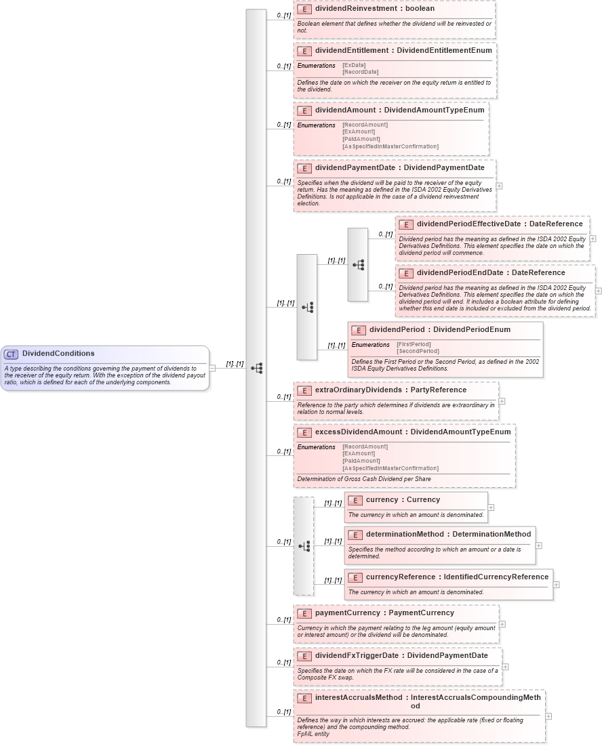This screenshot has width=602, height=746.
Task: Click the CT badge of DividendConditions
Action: [11, 354]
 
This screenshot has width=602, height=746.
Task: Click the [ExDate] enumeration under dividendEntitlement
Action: [354, 65]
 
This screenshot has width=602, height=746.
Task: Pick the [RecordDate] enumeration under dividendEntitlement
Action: [360, 72]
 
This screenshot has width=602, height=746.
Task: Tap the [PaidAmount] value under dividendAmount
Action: [360, 139]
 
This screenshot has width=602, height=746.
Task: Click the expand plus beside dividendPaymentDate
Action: [499, 185]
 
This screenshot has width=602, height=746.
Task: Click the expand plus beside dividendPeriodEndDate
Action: [599, 291]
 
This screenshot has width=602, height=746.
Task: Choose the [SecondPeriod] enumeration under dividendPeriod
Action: [418, 351]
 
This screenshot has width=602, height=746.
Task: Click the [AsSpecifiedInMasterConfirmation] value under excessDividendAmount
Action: [390, 468]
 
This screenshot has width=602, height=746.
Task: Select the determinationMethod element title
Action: [448, 535]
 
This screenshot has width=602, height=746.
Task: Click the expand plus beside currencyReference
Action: [557, 584]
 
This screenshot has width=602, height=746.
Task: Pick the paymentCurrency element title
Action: [384, 613]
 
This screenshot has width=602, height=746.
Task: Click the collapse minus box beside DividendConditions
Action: [212, 368]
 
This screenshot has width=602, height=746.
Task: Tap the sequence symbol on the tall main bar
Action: [256, 368]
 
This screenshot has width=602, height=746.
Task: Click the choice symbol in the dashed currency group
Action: [304, 545]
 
